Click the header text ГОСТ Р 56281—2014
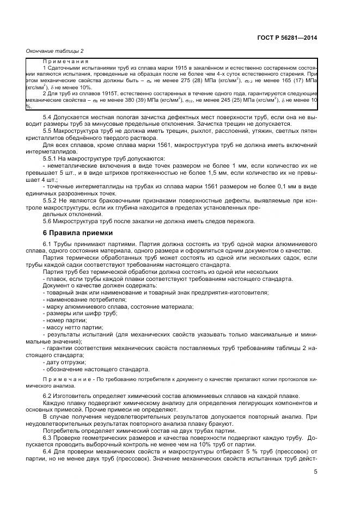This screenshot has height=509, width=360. tap(286, 38)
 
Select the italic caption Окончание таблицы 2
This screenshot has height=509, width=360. tap(55, 51)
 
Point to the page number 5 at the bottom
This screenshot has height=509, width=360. tap(315, 471)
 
